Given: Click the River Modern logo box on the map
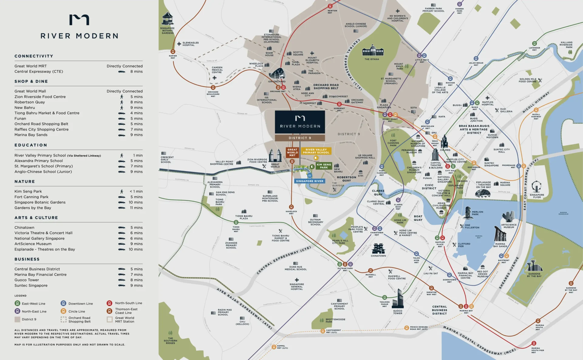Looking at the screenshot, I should click(300, 122).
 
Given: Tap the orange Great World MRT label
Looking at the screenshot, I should click(292, 152).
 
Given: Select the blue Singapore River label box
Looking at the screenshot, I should click(309, 181).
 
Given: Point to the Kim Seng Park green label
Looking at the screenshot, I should click(324, 166).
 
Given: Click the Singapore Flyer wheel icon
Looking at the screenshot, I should click(537, 187).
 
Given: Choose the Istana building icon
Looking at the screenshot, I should click(373, 51).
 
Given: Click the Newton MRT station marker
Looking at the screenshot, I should click(330, 6).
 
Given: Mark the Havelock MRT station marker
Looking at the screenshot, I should click(291, 207).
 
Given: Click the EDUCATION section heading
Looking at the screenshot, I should click(31, 145).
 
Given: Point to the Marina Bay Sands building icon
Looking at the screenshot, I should click(500, 234).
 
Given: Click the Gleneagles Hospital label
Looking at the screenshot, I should click(190, 44).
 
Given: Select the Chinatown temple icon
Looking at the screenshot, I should click(378, 248).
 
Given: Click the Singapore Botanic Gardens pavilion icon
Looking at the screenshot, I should click(167, 19).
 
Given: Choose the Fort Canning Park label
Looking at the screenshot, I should click(393, 143).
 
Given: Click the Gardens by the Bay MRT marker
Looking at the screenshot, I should click(571, 283).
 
